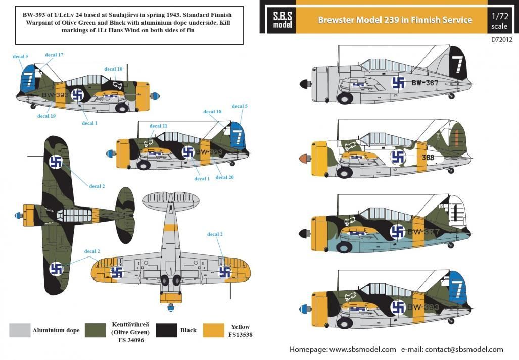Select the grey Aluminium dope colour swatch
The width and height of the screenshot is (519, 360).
pyautogui.click(x=20, y=330)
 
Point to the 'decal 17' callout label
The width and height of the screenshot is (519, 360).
pyautogui.click(x=54, y=55)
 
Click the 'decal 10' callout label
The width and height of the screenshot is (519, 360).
pyautogui.click(x=113, y=69)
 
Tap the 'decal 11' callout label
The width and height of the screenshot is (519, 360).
pyautogui.click(x=158, y=126)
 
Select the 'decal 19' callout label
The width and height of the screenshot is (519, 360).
pyautogui.click(x=46, y=116)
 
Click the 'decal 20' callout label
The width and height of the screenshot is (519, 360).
pyautogui.click(x=224, y=177)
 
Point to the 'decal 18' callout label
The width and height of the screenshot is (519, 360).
pyautogui.click(x=212, y=111)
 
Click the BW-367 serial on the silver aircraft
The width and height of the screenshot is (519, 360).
pyautogui.click(x=424, y=83)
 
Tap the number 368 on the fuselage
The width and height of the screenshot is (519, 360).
pyautogui.click(x=428, y=157)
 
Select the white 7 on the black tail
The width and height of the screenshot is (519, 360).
pyautogui.click(x=458, y=64)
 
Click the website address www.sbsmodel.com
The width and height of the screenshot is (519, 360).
pyautogui.click(x=362, y=349)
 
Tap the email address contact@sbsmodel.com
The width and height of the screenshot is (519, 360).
pyautogui.click(x=463, y=349)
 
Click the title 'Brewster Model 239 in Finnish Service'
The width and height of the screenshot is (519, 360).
pyautogui.click(x=395, y=20)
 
